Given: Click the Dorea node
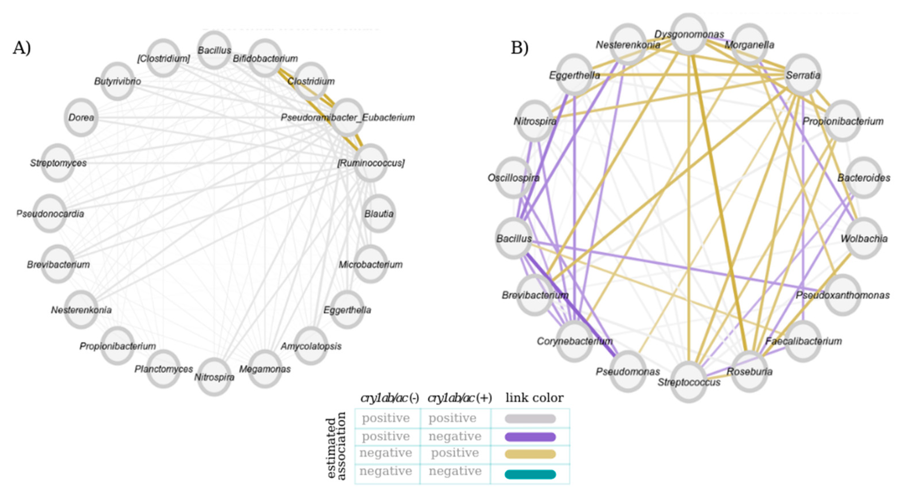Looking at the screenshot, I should (x=81, y=117).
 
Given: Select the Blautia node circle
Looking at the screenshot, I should (x=379, y=213).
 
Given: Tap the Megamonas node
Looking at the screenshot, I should (x=265, y=369).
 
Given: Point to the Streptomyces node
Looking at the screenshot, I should (x=58, y=163).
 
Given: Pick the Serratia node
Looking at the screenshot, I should (x=803, y=75).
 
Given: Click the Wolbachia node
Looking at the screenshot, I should (x=864, y=238).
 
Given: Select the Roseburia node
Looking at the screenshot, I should (x=749, y=372).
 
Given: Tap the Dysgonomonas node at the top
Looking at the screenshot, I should (x=689, y=34).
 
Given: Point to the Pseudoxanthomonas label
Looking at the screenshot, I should (x=843, y=295).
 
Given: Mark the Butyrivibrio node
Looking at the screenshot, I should (x=118, y=81).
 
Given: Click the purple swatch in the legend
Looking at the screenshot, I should (x=530, y=437).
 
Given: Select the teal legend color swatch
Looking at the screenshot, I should (x=530, y=474).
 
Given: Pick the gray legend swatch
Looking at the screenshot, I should (x=530, y=419).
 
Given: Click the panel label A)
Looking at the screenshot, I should (x=22, y=48).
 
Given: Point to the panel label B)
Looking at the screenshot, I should (x=519, y=48).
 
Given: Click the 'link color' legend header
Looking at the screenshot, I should (x=534, y=398).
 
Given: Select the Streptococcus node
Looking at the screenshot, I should (x=689, y=382).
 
